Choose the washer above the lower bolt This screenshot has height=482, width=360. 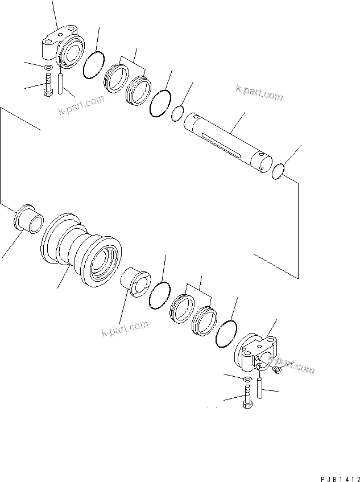coord(248,379)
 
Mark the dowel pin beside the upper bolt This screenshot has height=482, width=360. coord(62,84)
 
